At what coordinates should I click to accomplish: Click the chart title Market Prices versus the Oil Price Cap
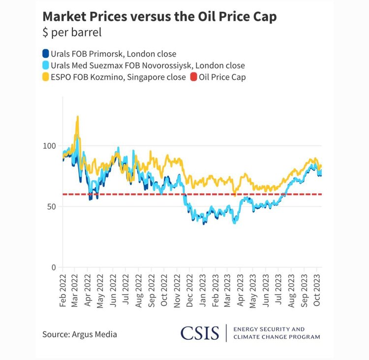click(159, 17)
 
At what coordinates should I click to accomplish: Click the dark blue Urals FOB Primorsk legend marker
click(46, 54)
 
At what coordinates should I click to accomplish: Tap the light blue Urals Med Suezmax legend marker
click(46, 65)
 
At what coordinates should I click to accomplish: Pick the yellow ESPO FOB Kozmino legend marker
click(46, 77)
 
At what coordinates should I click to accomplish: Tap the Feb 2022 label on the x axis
click(63, 290)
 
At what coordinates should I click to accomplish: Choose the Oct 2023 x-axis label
click(318, 290)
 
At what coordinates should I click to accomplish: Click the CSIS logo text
click(199, 333)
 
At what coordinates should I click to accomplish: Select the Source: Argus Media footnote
click(80, 334)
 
